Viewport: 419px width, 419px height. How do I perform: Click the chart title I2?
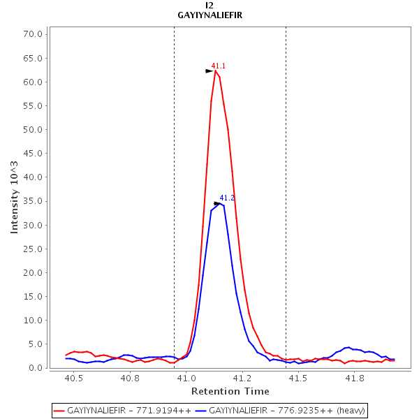(209, 5)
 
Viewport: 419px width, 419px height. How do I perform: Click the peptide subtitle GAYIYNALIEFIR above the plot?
(209, 15)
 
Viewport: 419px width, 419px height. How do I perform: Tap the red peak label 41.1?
(219, 66)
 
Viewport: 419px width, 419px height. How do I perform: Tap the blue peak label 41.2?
(227, 198)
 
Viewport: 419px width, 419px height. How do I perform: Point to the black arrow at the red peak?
(209, 71)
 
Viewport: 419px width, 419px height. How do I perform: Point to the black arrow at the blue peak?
(217, 204)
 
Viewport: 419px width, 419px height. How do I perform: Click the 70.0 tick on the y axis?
(35, 34)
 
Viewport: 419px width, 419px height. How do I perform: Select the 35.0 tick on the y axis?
(35, 201)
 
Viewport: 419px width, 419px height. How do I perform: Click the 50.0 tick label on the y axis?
(35, 130)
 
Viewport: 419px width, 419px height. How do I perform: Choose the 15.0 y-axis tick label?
(35, 296)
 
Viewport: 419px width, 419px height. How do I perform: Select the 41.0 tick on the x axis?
(186, 378)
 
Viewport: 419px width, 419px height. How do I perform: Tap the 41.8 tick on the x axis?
(355, 378)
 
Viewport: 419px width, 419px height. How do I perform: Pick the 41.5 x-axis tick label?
(298, 378)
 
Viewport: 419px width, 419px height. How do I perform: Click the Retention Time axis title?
(230, 391)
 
